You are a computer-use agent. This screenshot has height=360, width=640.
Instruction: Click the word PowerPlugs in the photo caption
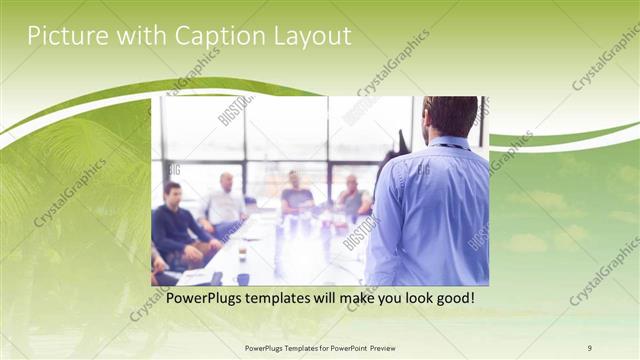pyautogui.click(x=209, y=298)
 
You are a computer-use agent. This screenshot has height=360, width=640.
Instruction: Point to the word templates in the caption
pyautogui.click(x=291, y=298)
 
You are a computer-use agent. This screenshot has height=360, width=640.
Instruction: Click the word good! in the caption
pyautogui.click(x=452, y=298)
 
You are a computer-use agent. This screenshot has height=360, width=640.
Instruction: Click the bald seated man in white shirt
pyautogui.click(x=225, y=205)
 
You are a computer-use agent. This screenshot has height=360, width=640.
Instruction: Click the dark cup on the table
pyautogui.click(x=243, y=279)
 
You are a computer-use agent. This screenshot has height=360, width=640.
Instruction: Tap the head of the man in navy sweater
pyautogui.click(x=172, y=193)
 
